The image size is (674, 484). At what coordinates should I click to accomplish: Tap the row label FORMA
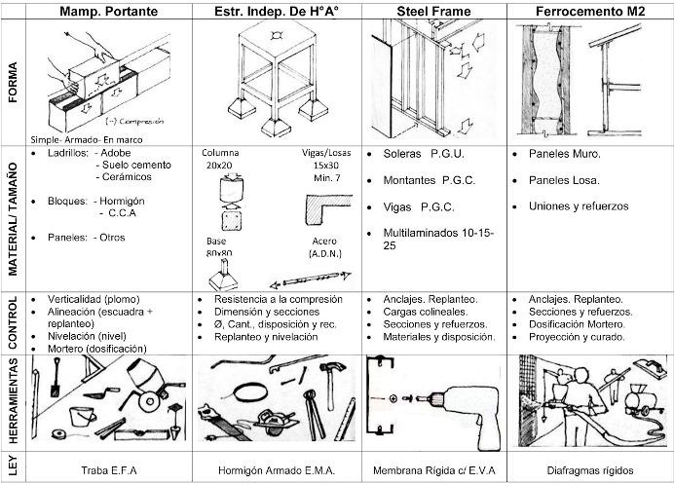12,82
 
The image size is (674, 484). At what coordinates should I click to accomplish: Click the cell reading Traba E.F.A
110,469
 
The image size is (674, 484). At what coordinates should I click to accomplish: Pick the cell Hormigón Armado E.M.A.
279,469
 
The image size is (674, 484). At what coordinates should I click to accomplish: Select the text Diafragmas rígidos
591,469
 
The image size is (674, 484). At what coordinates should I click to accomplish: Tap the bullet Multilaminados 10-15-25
432,241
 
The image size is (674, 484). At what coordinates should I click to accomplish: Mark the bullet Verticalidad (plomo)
92,299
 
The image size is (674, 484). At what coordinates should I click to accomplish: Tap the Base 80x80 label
218,247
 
